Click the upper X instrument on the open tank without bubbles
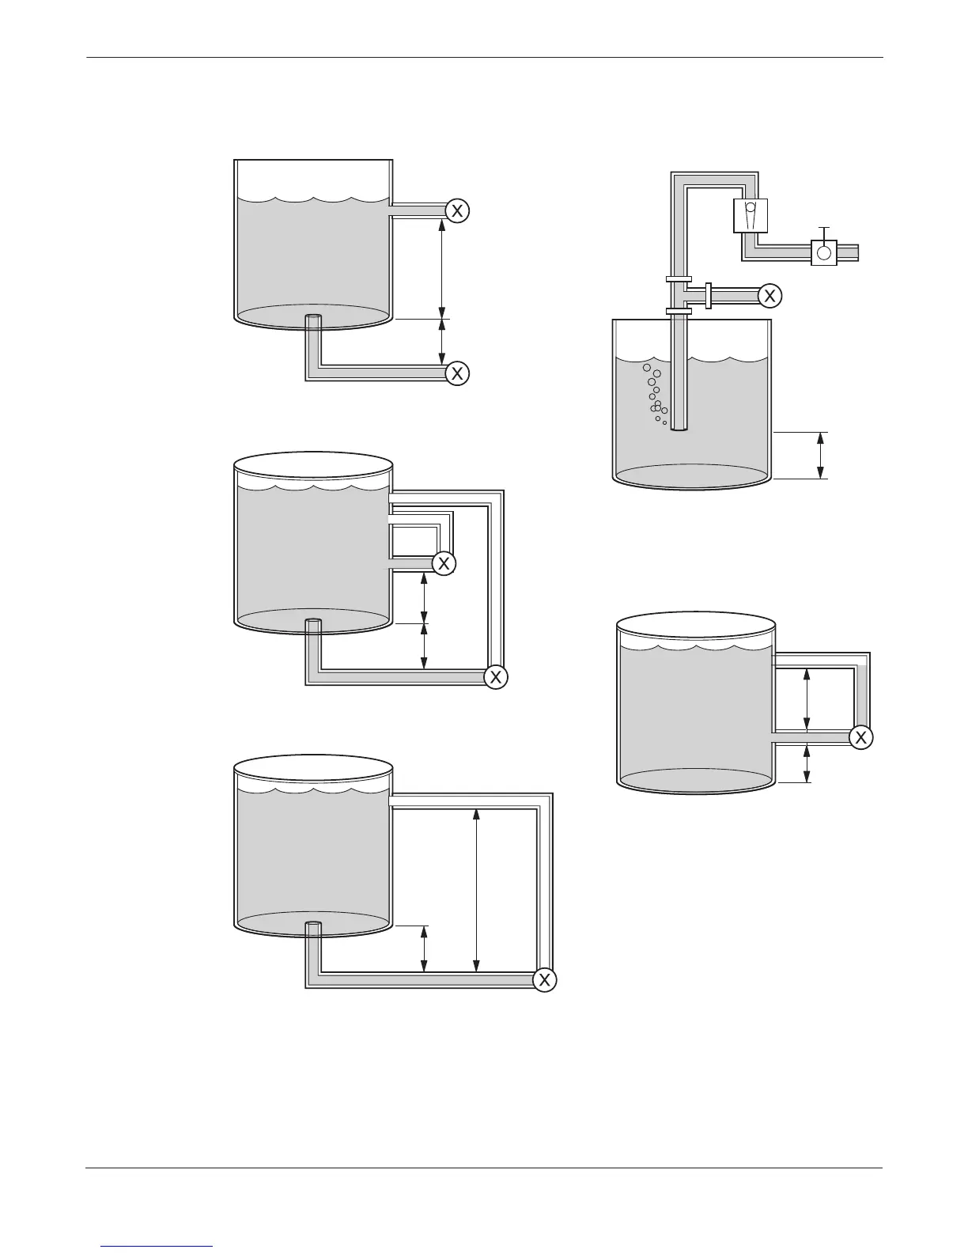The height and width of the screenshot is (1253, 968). (x=457, y=210)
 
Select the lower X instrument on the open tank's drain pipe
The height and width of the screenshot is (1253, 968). (x=457, y=373)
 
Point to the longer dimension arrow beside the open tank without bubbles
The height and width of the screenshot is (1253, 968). (x=442, y=269)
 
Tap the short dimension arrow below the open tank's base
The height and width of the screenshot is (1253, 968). (x=442, y=343)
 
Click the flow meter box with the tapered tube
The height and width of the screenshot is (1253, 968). (x=751, y=215)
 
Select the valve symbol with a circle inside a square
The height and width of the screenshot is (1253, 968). (x=824, y=252)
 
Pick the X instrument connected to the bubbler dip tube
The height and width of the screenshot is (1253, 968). (x=769, y=296)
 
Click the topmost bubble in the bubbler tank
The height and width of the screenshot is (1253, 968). (x=647, y=368)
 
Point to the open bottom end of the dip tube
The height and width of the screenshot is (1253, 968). (x=679, y=429)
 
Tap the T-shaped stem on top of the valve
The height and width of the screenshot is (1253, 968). (x=824, y=232)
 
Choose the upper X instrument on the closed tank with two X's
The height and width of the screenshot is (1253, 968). (x=444, y=563)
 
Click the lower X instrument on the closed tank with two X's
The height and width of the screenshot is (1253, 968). (x=496, y=677)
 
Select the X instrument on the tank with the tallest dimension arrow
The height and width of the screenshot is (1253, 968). (x=544, y=980)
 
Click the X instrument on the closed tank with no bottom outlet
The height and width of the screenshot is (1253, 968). (x=861, y=737)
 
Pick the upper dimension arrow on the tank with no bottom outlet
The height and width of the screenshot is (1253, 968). (x=807, y=699)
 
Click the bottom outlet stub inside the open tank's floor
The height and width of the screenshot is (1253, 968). (x=314, y=319)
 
